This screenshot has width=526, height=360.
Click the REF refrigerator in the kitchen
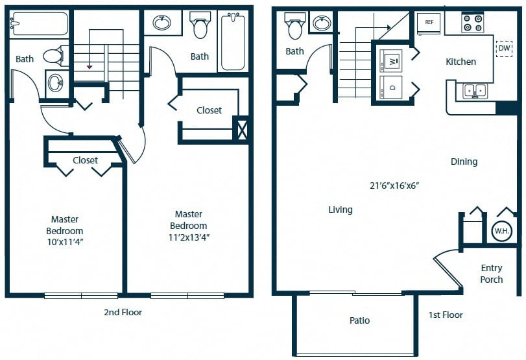click(429, 23)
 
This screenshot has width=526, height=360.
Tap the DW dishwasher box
click(504, 48)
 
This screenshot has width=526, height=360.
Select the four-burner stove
click(472, 23)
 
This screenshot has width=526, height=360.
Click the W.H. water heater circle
click(502, 231)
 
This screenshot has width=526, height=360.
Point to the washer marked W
click(391, 61)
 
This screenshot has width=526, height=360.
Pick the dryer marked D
click(391, 87)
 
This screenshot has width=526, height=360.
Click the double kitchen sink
click(475, 91)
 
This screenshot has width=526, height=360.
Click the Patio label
click(359, 320)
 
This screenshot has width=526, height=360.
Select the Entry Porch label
click(492, 274)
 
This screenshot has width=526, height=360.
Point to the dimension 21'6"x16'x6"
click(394, 186)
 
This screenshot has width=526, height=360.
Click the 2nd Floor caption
click(123, 313)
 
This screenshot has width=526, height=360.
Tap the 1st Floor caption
click(446, 315)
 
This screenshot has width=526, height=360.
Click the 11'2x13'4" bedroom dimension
click(189, 237)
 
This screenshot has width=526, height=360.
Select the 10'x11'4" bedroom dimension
click(65, 242)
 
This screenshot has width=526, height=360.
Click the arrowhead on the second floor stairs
click(90, 67)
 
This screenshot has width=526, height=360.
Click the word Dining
click(464, 162)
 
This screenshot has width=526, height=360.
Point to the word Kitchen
click(460, 62)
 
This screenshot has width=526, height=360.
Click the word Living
click(340, 210)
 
